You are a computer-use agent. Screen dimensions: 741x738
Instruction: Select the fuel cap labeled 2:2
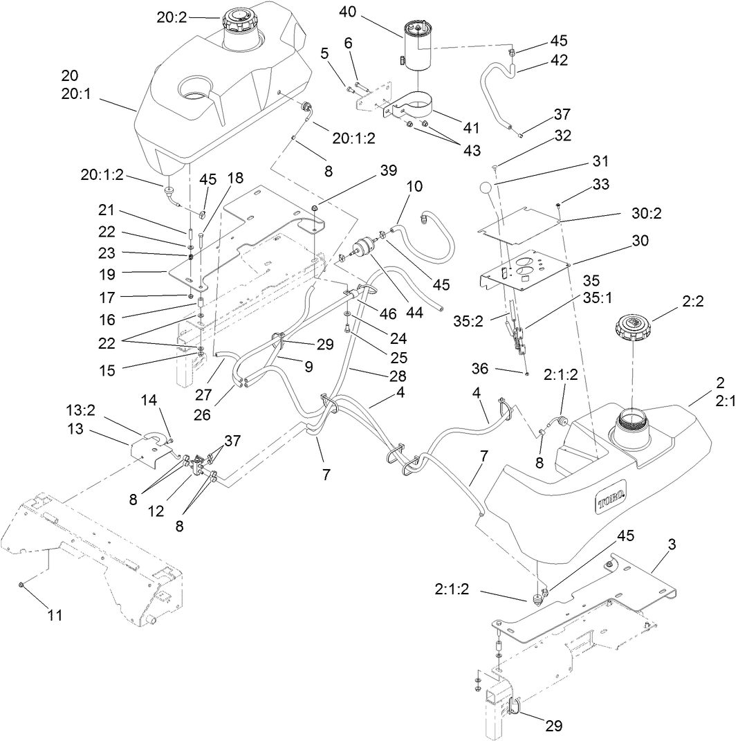click(x=631, y=325)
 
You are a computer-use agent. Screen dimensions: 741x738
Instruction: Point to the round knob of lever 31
click(x=486, y=188)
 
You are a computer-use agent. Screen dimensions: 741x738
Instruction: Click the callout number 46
click(x=389, y=313)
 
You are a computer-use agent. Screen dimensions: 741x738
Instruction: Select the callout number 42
click(x=559, y=60)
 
